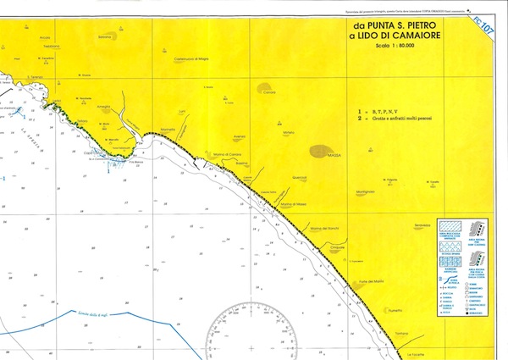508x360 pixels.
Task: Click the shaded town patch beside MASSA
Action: [320, 151]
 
